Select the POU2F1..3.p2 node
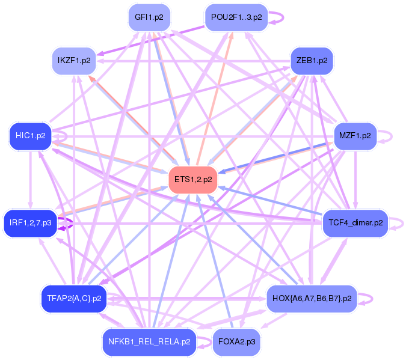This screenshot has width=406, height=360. (x=233, y=17)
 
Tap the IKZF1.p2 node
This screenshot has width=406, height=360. (x=74, y=61)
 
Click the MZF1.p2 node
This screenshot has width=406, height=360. (x=355, y=136)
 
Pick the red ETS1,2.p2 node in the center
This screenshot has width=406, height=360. (x=193, y=180)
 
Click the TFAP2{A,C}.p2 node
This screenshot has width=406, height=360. (x=74, y=298)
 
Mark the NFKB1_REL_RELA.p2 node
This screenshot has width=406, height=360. (x=149, y=341)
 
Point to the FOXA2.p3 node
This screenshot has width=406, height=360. (x=236, y=341)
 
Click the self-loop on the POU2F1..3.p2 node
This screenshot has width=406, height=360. (x=276, y=17)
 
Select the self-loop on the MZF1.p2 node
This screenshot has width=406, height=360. (x=389, y=136)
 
